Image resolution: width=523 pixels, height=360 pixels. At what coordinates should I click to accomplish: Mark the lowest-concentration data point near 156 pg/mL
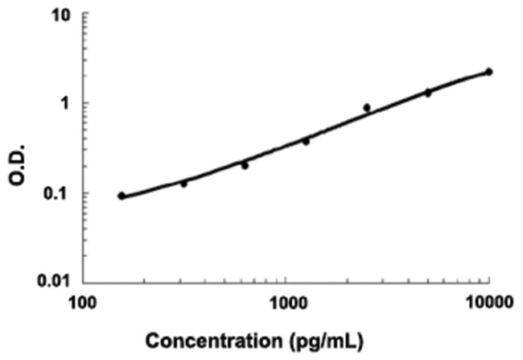(x=121, y=196)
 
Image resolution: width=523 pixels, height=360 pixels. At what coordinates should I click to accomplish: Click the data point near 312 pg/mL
(x=183, y=184)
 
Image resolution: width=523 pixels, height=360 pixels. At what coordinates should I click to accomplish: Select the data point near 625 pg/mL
(x=245, y=165)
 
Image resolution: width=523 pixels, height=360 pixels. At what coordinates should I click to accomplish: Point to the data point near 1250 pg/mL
(x=306, y=141)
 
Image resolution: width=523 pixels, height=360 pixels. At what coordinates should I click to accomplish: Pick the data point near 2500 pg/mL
(x=367, y=107)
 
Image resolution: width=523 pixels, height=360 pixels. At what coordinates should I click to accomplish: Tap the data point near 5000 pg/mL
(x=428, y=93)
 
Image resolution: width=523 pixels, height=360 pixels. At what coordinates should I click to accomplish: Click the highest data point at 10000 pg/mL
(x=488, y=72)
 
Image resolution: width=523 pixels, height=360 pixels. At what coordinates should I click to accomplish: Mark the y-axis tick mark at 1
(x=86, y=104)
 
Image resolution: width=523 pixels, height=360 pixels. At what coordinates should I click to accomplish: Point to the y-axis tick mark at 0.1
(x=86, y=193)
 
